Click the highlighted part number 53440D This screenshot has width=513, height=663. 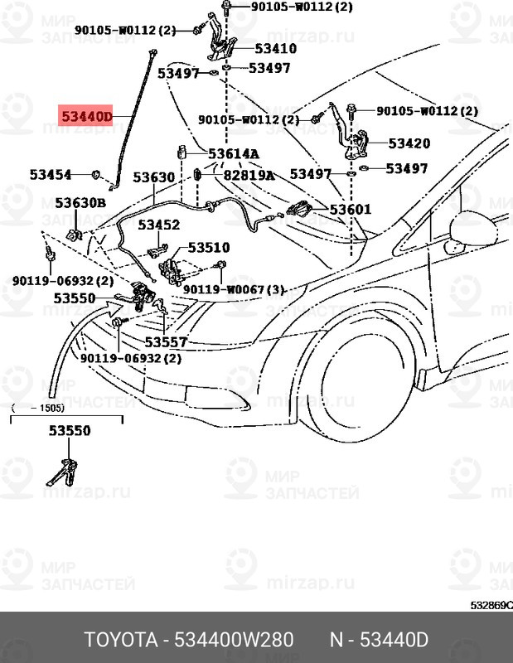85,117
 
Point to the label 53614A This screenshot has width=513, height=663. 233,154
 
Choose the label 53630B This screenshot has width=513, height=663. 80,203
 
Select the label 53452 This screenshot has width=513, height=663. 158,225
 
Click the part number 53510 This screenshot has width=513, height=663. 209,247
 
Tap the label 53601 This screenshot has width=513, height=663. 351,211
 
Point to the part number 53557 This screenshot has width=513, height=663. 166,341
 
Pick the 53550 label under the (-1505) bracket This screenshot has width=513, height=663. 69,431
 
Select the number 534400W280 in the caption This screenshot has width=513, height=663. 235,641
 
